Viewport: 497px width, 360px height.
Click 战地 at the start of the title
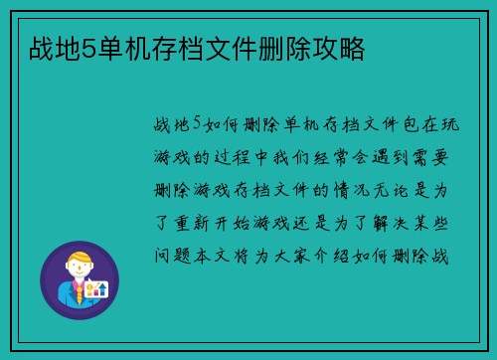[47, 47]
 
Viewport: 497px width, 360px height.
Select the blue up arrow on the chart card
[98, 289]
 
